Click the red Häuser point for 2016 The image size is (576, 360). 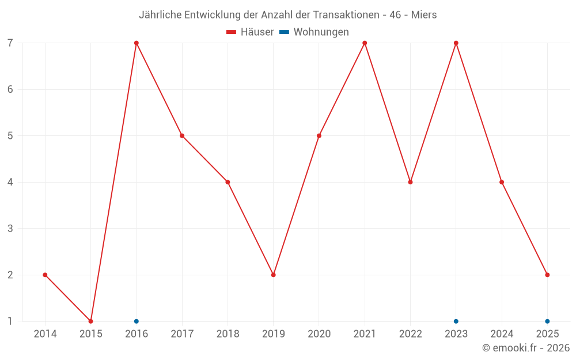[x=137, y=43]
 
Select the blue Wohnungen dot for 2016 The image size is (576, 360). [x=137, y=321]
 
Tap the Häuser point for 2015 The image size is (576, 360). [x=90, y=321]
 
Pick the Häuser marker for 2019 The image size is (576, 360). [x=273, y=275]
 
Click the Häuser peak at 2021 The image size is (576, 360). [x=365, y=43]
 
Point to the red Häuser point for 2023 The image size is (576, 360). [x=456, y=43]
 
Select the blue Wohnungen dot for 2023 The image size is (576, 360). [x=456, y=321]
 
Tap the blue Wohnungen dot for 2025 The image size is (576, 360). [x=547, y=321]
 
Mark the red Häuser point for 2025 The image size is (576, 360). [x=547, y=275]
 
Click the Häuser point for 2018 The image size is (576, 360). [x=228, y=182]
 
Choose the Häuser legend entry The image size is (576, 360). [x=251, y=32]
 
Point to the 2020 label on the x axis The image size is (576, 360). [x=319, y=334]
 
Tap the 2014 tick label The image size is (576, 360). [x=45, y=334]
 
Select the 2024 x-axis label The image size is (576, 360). [x=502, y=334]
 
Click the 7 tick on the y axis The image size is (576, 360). [x=10, y=43]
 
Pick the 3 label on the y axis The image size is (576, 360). [x=10, y=229]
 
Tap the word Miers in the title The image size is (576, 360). [x=423, y=15]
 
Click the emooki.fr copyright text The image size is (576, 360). [x=526, y=348]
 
